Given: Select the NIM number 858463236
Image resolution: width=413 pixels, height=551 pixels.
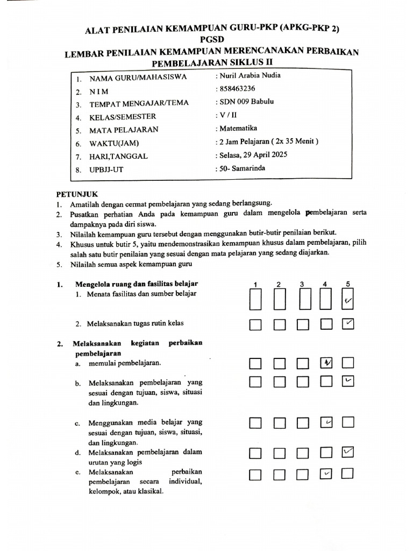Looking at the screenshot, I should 237,89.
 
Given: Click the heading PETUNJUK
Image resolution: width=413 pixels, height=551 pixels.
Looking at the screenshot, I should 78,194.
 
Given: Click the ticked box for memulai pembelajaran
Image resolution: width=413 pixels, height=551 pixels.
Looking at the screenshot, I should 326,364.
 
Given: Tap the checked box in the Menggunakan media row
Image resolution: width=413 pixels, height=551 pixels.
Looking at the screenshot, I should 326,423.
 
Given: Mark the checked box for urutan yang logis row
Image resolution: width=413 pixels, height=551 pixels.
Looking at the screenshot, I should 348,453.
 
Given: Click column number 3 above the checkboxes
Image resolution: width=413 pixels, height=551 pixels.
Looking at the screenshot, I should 303,284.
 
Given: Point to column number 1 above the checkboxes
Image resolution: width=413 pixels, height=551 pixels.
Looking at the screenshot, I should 255,284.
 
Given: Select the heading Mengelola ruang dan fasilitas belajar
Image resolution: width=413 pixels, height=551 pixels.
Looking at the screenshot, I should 137,284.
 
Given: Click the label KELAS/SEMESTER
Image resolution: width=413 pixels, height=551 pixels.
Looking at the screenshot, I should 123,117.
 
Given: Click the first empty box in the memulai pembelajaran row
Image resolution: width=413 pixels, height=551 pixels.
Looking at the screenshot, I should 255,364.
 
